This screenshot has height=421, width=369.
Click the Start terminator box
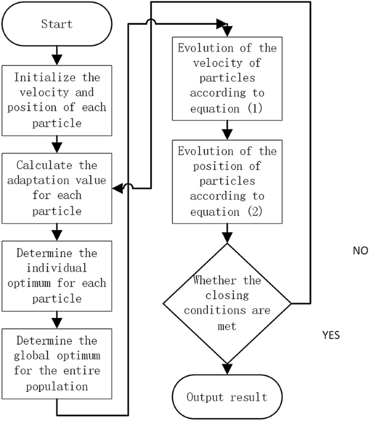tap(56, 24)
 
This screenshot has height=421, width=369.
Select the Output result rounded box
tap(226, 397)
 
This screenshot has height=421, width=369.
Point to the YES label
tap(330, 335)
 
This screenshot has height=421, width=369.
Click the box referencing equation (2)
tap(226, 181)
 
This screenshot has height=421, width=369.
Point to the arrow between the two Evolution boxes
tap(226, 130)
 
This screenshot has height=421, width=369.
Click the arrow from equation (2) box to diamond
tap(226, 233)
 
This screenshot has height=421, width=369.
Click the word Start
tap(56, 24)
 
